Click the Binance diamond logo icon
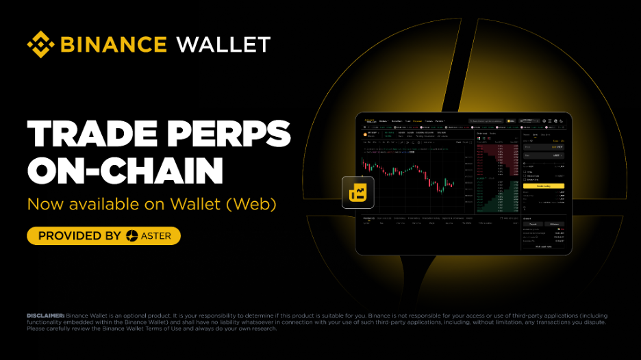[x=41, y=44]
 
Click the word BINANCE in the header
[x=114, y=45]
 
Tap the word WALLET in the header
[x=223, y=45]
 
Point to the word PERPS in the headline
[x=229, y=134]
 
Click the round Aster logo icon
[x=133, y=236]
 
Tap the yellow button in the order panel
[x=543, y=186]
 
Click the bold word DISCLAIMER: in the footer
[x=46, y=316]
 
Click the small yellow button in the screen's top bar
[x=510, y=121]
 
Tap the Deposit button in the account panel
[x=531, y=224]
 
